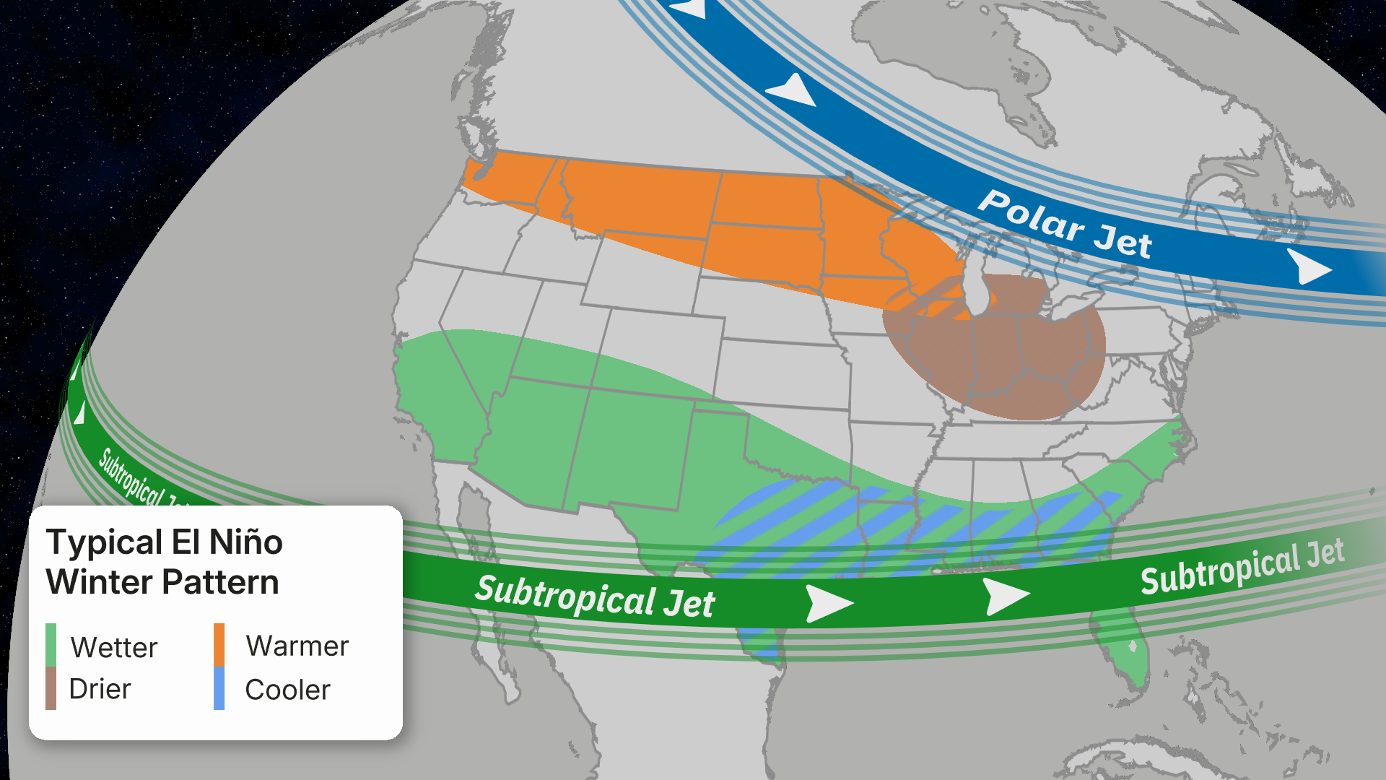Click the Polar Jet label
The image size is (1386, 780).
coord(1065,225)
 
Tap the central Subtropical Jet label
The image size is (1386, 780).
coord(595,597)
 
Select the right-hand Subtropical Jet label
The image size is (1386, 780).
coord(1242,567)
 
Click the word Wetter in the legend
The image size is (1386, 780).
coord(114,647)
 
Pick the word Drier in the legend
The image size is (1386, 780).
coord(100,689)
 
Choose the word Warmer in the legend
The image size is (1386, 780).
coord(297,646)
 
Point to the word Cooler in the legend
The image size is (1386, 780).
coord(287,690)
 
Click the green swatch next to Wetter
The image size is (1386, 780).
coord(51,644)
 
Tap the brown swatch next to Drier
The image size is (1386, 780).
coord(51,688)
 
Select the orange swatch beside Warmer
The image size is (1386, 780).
coord(219,644)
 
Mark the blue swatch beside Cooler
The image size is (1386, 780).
coord(219,688)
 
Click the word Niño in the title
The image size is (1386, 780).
coord(245,542)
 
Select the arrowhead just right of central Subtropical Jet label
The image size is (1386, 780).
coord(827,603)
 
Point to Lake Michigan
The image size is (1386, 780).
coord(976,289)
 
